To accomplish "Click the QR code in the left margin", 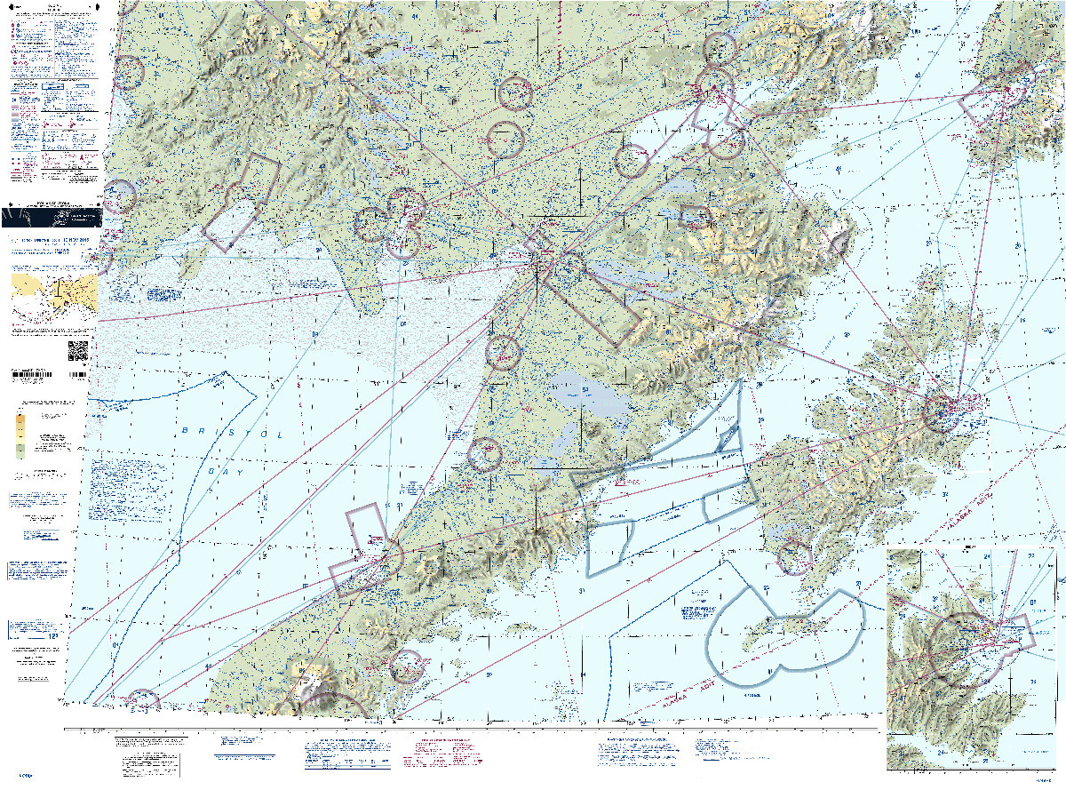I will pos(77,351).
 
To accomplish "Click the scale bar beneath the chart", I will pos(471,729).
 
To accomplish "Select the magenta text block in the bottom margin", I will pos(440,754).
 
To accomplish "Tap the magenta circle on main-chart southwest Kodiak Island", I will pos(795,557).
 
